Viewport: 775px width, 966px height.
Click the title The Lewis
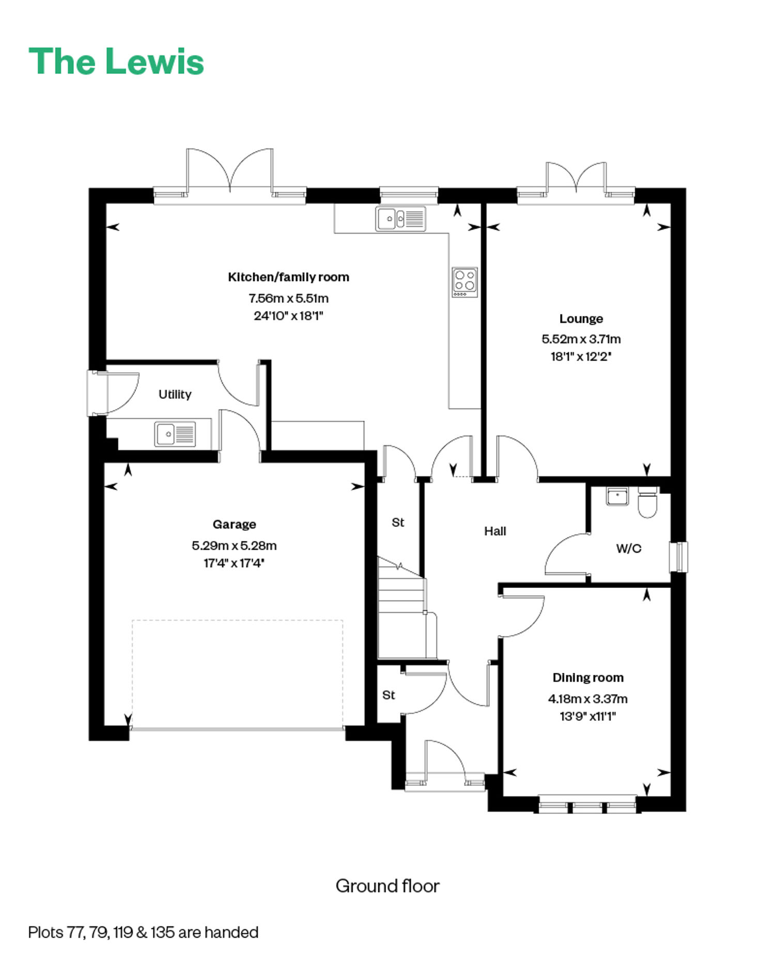(116, 62)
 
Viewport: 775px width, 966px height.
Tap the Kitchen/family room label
(288, 277)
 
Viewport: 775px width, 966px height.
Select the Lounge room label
(581, 319)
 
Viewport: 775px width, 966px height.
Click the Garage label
(234, 524)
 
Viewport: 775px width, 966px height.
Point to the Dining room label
(588, 677)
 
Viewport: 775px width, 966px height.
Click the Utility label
(175, 395)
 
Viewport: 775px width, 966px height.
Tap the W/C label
(629, 549)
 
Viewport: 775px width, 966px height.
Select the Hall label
(495, 531)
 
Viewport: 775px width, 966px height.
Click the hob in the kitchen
(464, 282)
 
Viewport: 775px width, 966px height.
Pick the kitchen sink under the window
(400, 219)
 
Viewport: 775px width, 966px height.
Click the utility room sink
(175, 434)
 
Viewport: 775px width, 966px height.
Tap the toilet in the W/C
(647, 502)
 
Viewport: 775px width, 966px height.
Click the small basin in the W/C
(617, 496)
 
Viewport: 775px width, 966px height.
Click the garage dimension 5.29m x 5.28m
(234, 546)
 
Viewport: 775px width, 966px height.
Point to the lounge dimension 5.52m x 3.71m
(581, 339)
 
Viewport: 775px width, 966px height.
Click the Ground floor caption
(388, 886)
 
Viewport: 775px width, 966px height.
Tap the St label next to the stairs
(398, 523)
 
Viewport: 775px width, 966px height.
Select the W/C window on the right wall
(679, 557)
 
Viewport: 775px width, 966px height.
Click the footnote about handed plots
(143, 932)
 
